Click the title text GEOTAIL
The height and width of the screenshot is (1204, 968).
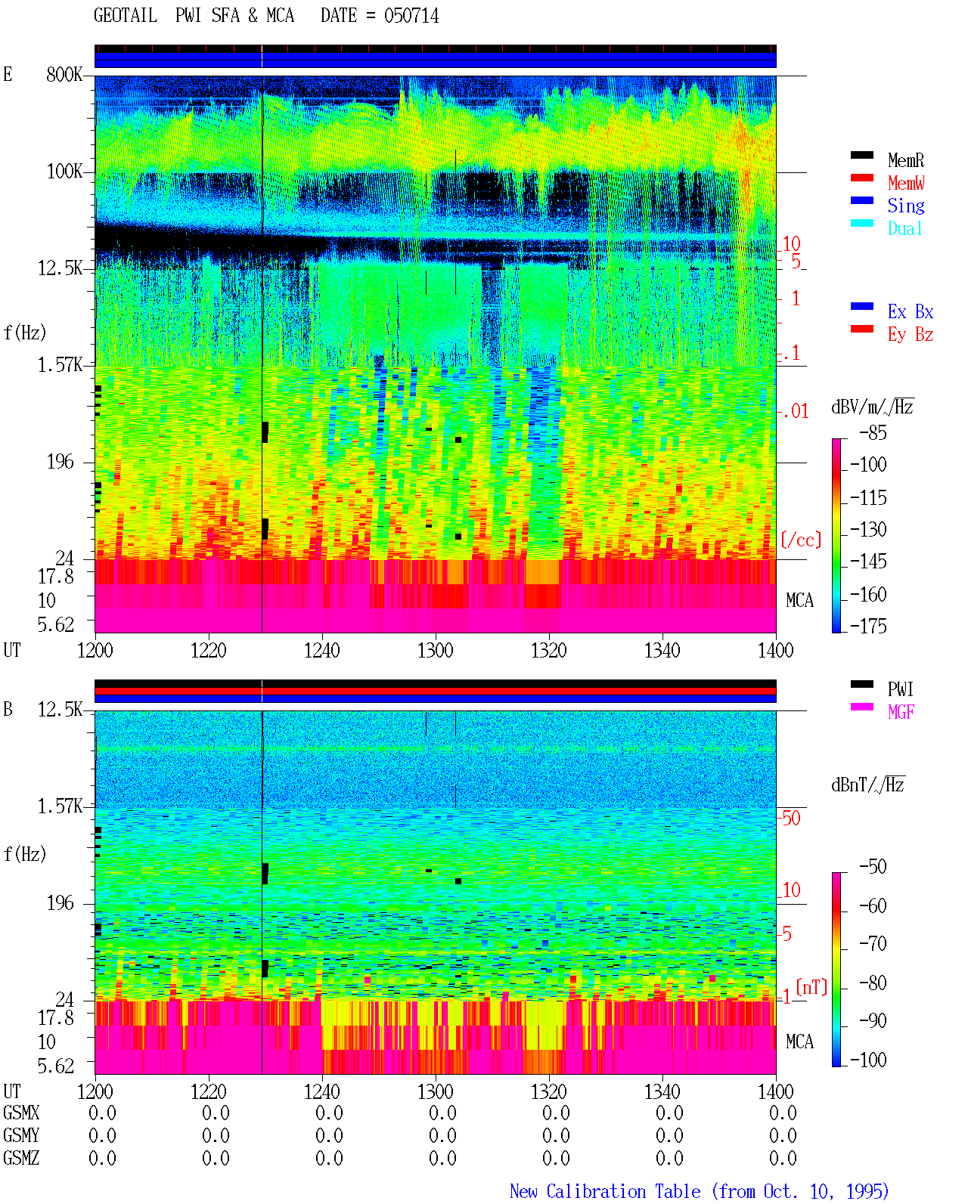click(126, 15)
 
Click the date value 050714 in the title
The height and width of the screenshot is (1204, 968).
click(411, 15)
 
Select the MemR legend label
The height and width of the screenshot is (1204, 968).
click(905, 160)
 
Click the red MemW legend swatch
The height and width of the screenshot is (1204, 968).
click(861, 178)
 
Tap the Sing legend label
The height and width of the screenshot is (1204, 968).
click(905, 206)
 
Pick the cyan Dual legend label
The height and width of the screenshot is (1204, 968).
click(904, 228)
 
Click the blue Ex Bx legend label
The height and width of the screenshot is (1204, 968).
click(911, 311)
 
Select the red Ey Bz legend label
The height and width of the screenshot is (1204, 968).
click(911, 334)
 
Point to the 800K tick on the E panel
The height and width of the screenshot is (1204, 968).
click(64, 74)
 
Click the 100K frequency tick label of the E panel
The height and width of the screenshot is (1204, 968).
click(64, 172)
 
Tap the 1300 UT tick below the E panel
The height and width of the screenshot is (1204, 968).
click(435, 650)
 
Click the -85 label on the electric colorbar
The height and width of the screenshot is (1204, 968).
click(873, 432)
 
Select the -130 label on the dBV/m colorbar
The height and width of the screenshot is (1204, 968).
click(868, 529)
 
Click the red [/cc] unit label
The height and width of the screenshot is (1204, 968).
click(801, 540)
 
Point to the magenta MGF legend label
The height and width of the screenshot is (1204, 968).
click(901, 712)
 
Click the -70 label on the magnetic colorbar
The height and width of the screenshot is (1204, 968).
click(873, 944)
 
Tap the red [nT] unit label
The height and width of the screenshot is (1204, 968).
click(811, 987)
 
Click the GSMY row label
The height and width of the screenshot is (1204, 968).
click(21, 1135)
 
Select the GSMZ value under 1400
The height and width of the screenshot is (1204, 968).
click(783, 1158)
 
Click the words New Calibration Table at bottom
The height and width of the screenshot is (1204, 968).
click(605, 1191)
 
